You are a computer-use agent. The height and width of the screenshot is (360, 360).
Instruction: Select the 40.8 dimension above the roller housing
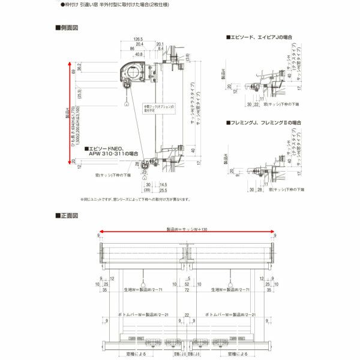coord(139,54)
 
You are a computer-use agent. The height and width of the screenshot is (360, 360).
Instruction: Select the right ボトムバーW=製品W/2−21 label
coord(230,314)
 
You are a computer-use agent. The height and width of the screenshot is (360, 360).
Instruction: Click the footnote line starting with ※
coord(136,199)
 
